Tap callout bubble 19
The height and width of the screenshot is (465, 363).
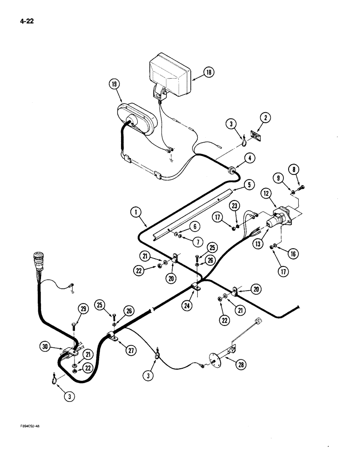click(x=114, y=84)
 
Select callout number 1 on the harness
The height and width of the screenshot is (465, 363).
click(x=135, y=213)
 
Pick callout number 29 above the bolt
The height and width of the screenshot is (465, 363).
click(x=83, y=309)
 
